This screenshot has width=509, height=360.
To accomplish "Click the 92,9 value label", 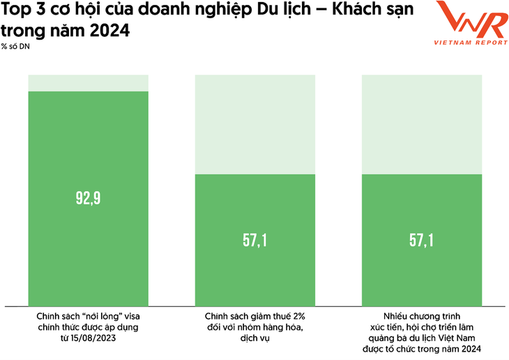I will coord(89,198).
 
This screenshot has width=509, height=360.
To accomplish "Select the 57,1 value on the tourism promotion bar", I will coord(422,241).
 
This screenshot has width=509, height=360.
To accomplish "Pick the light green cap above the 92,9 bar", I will coord(89,82).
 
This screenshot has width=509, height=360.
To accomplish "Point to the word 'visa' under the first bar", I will coord(132,316).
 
